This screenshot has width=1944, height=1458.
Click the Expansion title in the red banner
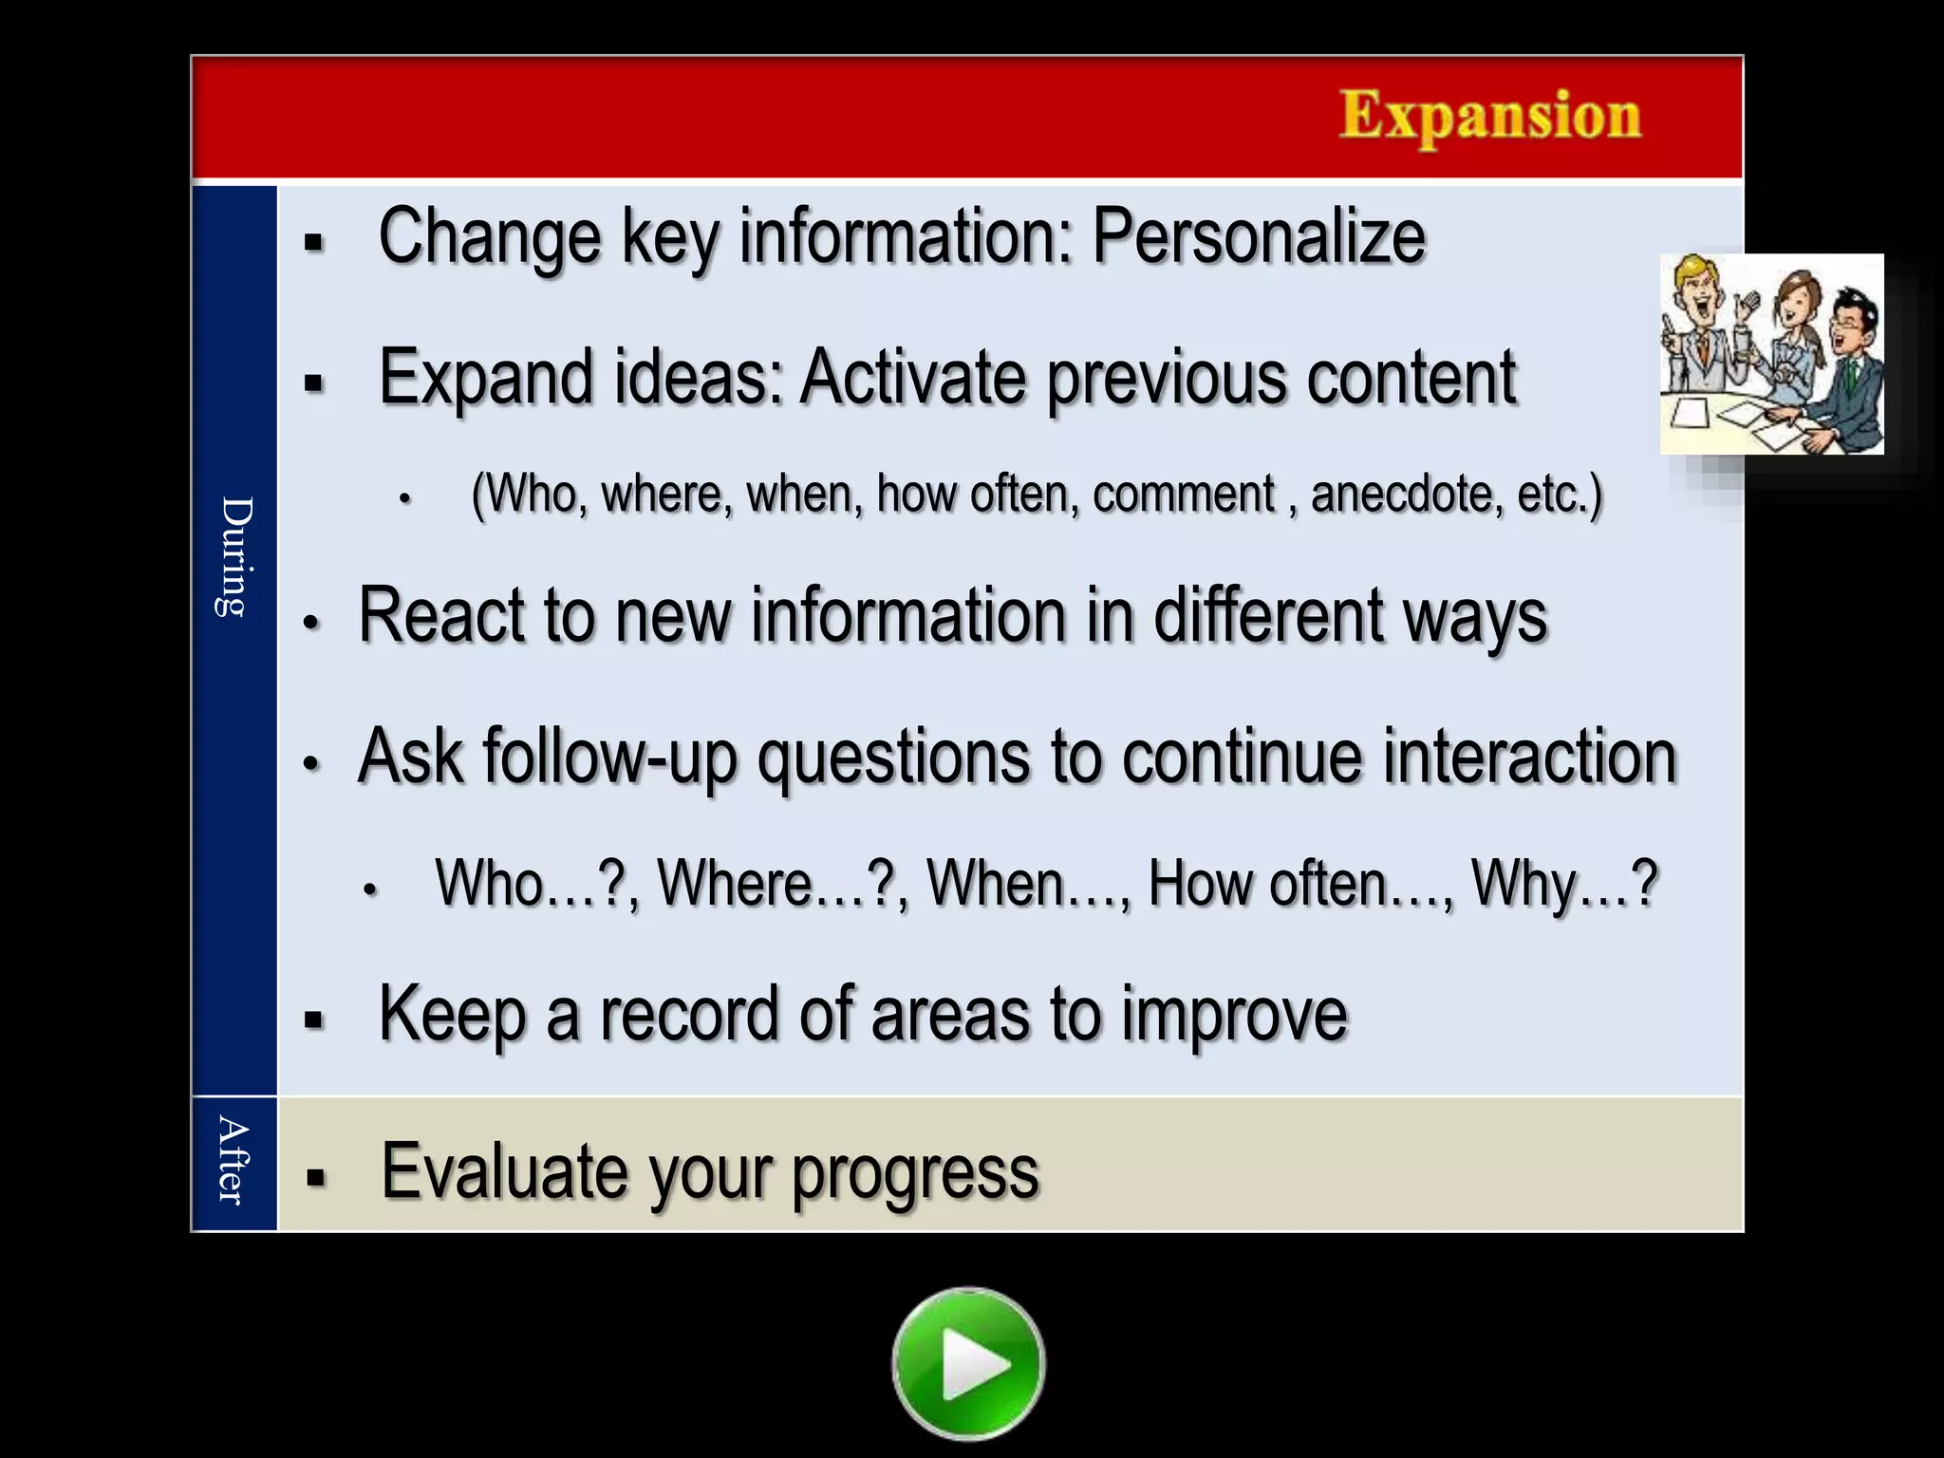point(1489,117)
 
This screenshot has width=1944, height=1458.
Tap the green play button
point(968,1364)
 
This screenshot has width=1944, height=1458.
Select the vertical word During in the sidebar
point(234,557)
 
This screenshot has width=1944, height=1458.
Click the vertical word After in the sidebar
point(233,1161)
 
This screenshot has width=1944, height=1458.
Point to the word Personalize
point(1259,236)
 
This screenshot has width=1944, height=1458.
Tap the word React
point(441,617)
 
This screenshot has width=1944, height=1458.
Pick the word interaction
point(1529,757)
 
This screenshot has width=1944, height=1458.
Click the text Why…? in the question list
point(1563,884)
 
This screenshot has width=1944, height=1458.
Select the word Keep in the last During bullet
point(452,1015)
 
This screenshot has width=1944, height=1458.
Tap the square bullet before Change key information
point(314,243)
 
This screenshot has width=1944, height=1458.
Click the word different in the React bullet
point(1269,617)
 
